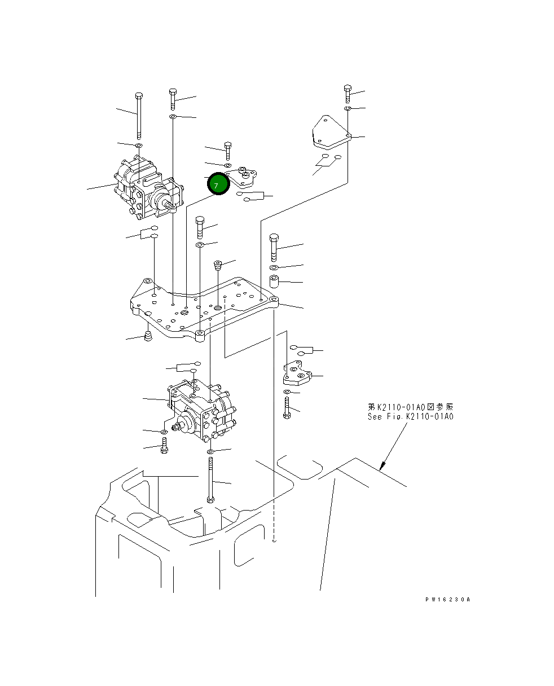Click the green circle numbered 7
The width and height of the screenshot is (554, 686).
[x=218, y=185]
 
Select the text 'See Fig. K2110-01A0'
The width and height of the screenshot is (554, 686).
[x=410, y=417]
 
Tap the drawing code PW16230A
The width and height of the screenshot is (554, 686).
[x=447, y=600]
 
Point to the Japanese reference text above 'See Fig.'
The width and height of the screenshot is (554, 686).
[x=410, y=407]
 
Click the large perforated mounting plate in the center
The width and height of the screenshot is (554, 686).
[x=203, y=307]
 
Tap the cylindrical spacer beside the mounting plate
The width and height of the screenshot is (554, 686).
[x=274, y=281]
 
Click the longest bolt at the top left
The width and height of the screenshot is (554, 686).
[x=139, y=116]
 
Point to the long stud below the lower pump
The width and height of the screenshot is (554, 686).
[x=210, y=480]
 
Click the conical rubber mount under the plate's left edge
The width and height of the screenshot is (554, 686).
[x=149, y=337]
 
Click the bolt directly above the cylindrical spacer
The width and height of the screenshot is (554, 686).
[x=274, y=247]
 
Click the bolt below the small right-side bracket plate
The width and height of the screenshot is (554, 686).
[x=287, y=407]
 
